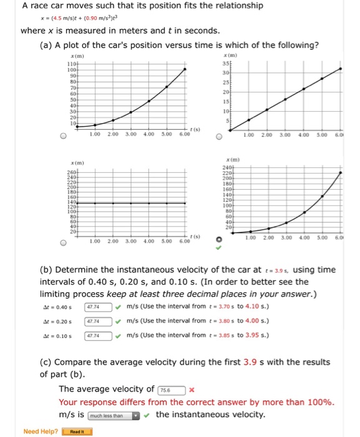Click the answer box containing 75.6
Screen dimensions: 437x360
[173, 390]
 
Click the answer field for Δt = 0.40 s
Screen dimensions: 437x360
[98, 307]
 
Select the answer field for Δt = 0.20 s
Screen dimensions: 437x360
[98, 321]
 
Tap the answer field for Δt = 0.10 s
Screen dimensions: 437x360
[98, 335]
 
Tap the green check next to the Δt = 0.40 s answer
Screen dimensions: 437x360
[119, 307]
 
